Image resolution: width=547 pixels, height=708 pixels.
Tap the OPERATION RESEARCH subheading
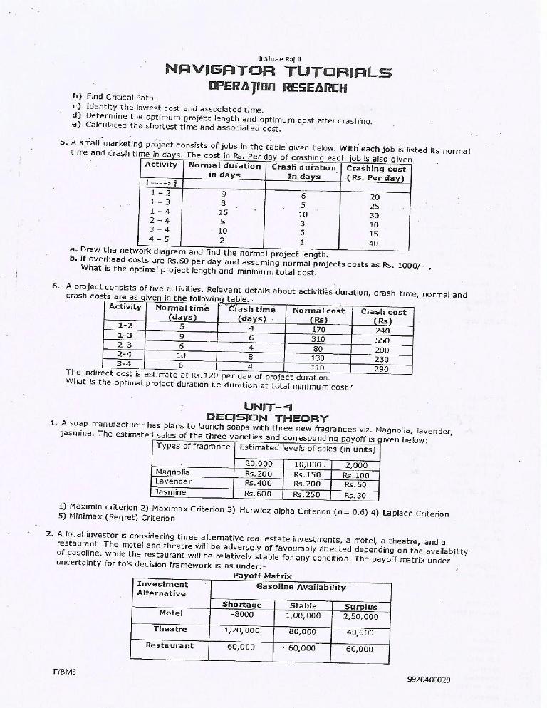(x=278, y=88)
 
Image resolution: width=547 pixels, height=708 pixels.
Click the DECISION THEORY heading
(x=267, y=418)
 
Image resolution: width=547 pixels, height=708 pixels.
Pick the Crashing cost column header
(x=377, y=173)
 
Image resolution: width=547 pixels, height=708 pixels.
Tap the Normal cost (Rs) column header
(x=318, y=315)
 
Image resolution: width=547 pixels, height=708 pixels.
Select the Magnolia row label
(x=172, y=472)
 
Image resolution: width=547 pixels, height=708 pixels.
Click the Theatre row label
(x=170, y=630)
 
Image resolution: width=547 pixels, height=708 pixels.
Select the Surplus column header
(x=361, y=606)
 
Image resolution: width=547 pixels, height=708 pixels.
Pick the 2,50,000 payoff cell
(x=361, y=615)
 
